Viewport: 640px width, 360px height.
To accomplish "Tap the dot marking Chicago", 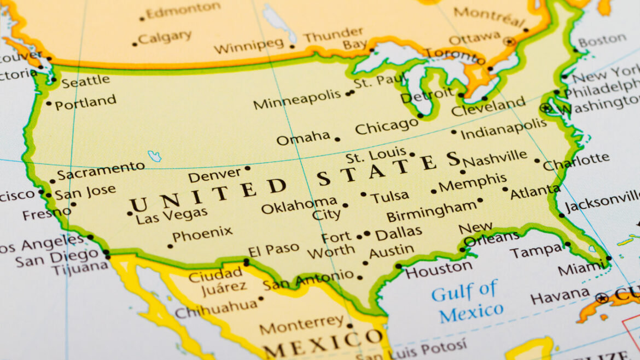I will [420, 115].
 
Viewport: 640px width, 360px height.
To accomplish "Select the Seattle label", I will [85, 82].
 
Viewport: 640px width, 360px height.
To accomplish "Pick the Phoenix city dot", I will [170, 246].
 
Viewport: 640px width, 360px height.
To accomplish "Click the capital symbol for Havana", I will [602, 298].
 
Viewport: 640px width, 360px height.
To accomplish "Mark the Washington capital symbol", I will [545, 108].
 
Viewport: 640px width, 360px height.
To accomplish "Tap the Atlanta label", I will [535, 191].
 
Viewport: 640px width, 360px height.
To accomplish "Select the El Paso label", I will [274, 249].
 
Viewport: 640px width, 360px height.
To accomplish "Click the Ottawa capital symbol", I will [510, 41].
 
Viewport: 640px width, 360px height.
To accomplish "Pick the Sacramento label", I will [101, 171].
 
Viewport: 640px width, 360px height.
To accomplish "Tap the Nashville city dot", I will [463, 171].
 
